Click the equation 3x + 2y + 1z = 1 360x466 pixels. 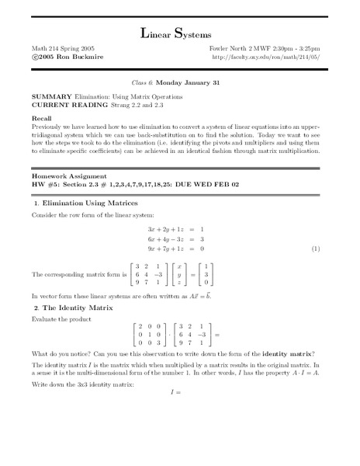[x=175, y=229]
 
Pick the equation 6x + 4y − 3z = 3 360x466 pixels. [x=175, y=239]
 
